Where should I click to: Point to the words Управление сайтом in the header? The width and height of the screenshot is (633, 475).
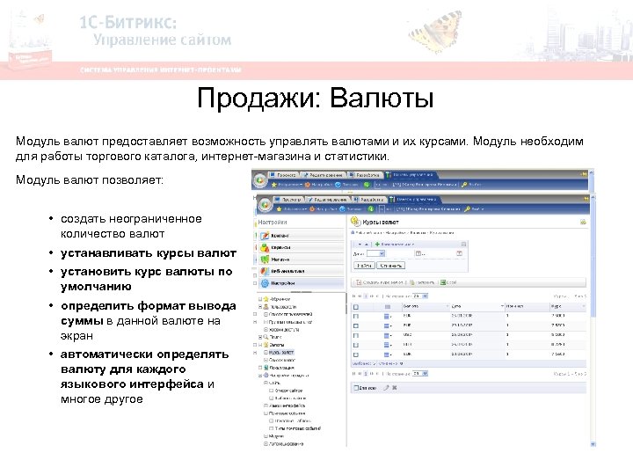pyautogui.click(x=164, y=40)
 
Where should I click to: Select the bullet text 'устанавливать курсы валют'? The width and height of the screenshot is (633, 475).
pyautogui.click(x=149, y=253)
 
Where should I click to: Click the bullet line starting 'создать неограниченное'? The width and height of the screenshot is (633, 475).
pyautogui.click(x=131, y=218)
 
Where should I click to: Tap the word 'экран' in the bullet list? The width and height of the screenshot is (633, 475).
pyautogui.click(x=76, y=336)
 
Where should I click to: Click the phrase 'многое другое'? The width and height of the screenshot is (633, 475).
pyautogui.click(x=102, y=399)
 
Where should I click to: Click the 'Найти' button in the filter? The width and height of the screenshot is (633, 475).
pyautogui.click(x=366, y=265)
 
